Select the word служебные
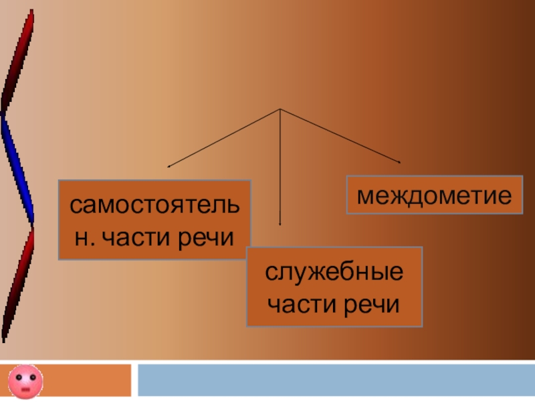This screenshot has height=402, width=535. coord(334,273)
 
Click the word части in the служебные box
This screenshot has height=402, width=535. coord(303,305)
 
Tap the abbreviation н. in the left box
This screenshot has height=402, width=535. coord(84,237)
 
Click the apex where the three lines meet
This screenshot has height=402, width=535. coord(280,109)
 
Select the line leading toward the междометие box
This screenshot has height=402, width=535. coord(341,136)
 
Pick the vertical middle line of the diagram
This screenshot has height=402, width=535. coord(280,167)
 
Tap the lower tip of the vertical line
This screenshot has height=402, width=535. coord(280,223)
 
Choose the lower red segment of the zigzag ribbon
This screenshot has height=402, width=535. coord(17,281)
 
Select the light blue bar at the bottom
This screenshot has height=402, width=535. coord(334,379)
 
